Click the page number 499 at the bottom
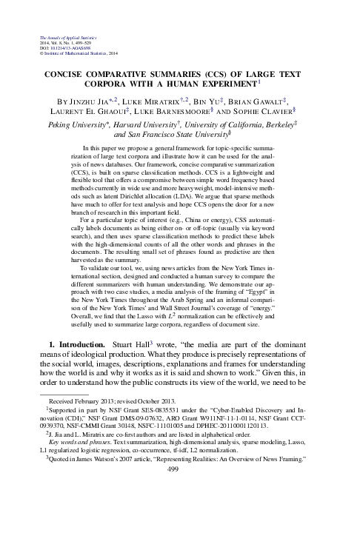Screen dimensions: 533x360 180,510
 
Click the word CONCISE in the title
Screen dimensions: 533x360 72,74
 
